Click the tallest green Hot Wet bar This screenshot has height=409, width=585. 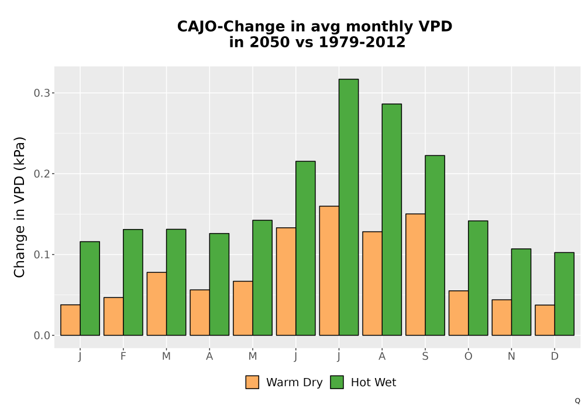pos(349,207)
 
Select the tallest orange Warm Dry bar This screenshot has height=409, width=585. pos(329,271)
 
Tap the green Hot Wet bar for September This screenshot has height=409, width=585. pos(435,245)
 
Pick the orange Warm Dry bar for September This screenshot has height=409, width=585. pos(415,275)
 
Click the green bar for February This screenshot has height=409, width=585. pos(133,282)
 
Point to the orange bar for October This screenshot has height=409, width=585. pos(459,313)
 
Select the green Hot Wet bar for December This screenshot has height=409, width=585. pos(564,294)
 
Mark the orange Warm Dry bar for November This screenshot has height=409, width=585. pos(501,317)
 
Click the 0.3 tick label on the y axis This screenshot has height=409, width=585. pos(42,93)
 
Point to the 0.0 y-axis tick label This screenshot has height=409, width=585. pos(42,335)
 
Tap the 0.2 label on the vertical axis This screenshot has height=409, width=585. pos(42,174)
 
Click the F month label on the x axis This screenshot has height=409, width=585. pos(123,356)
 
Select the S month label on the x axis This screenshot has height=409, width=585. pos(425,356)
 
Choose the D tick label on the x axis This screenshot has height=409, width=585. pos(555,356)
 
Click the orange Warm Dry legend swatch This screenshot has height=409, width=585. pos(252,382)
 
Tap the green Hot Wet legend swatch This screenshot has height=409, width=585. pos(337,382)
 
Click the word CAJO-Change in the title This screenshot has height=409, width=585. pos(231,27)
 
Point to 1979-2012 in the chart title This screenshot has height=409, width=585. pos(362,42)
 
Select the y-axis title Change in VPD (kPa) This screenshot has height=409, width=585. pos(19,207)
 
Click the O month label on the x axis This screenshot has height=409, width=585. pos(468,356)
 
